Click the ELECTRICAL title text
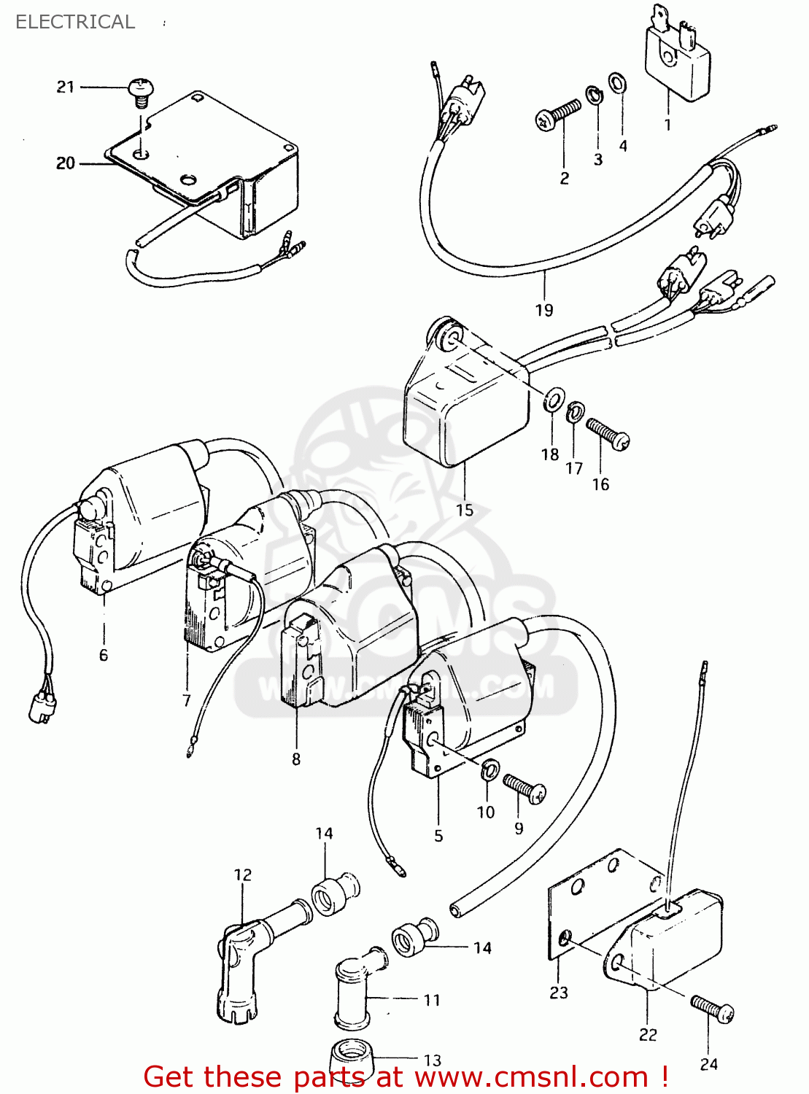coord(75,22)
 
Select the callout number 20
coord(66,163)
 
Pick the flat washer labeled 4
coord(617,83)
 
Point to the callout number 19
coord(544,310)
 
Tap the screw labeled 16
coord(608,433)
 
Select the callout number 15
coord(465,511)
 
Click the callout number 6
coord(104,655)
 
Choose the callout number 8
coord(296,759)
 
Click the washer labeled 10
coord(490,768)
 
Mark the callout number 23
coord(559,993)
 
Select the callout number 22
coord(648,1035)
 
